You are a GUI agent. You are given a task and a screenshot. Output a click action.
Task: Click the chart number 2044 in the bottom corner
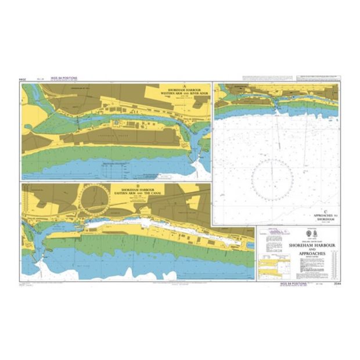point(333,283)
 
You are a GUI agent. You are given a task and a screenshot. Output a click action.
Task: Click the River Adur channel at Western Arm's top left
point(35,91)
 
